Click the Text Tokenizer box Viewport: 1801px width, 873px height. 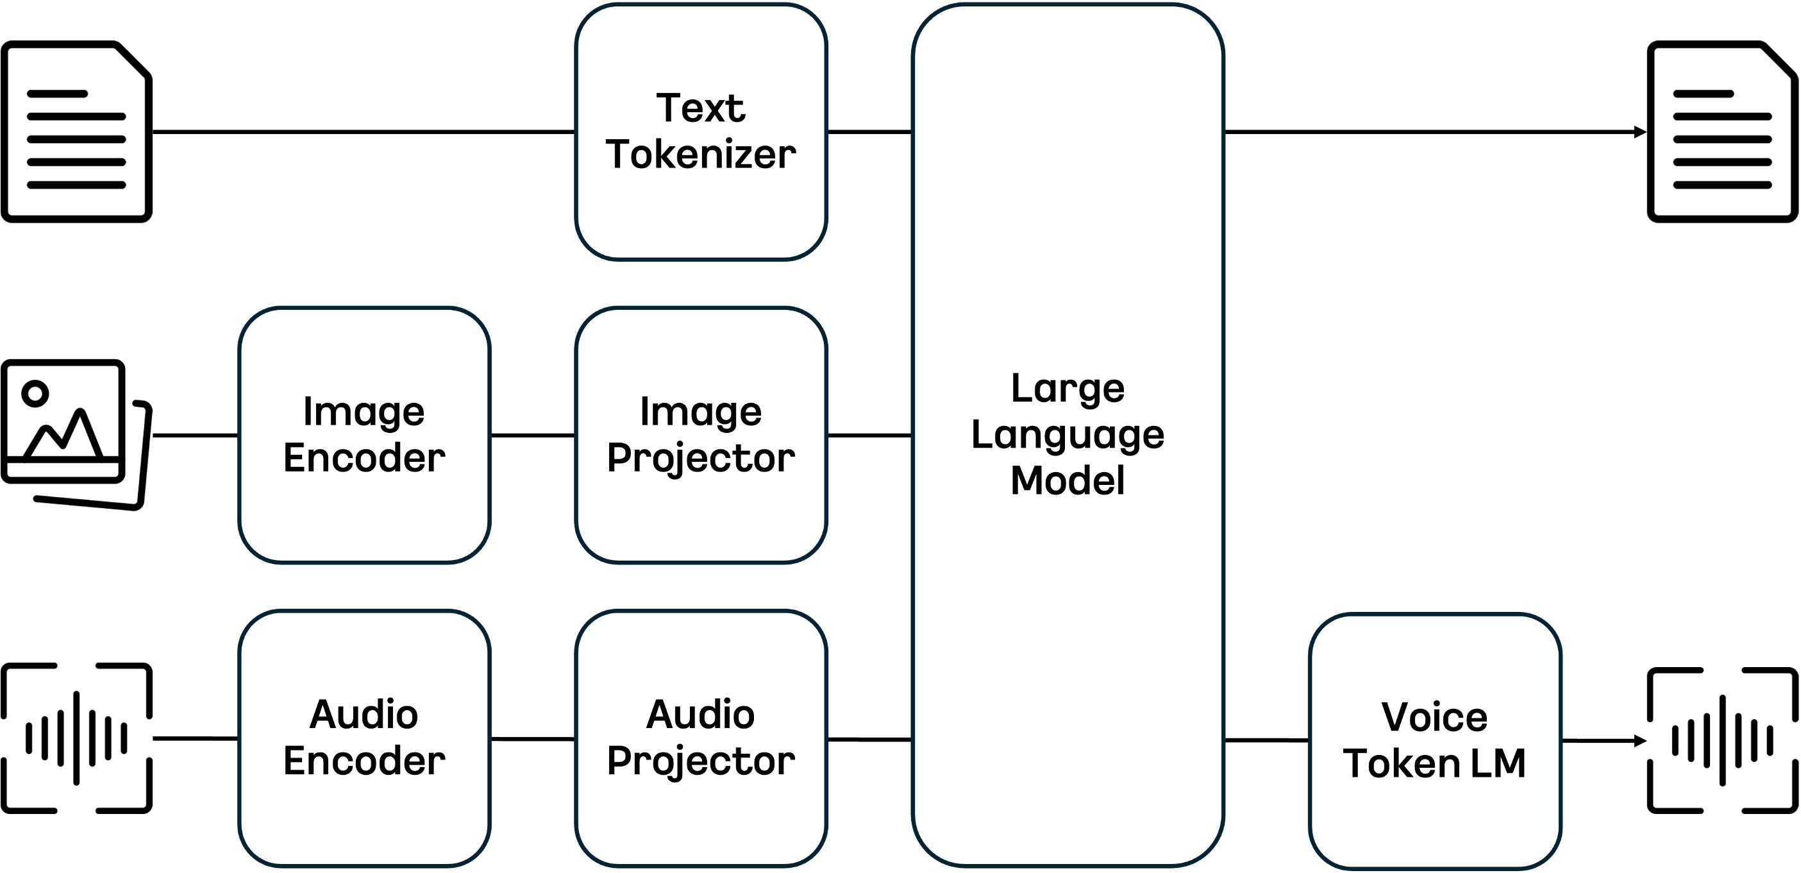[701, 131]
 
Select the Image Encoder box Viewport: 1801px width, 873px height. [364, 435]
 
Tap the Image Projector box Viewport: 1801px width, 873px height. [701, 435]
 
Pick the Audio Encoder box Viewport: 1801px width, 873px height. [364, 739]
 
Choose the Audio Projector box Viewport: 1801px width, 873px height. [701, 739]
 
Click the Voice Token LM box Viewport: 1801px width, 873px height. [1436, 742]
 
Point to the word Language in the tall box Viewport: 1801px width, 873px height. [1068, 435]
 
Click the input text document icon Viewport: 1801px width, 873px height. [76, 131]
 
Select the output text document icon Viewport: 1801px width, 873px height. [1723, 131]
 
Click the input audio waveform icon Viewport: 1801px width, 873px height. [76, 738]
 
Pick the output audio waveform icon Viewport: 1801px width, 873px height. [1723, 740]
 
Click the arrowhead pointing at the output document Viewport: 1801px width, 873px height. [1640, 131]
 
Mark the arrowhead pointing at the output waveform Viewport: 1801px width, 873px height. [1640, 740]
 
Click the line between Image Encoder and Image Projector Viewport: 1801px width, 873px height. [533, 435]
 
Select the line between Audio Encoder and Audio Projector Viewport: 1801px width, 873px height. [533, 739]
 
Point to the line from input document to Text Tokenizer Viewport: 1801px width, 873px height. [364, 131]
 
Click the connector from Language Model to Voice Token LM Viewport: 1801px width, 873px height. [1266, 740]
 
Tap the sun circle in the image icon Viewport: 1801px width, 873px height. [35, 393]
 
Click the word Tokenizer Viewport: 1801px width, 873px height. [701, 155]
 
